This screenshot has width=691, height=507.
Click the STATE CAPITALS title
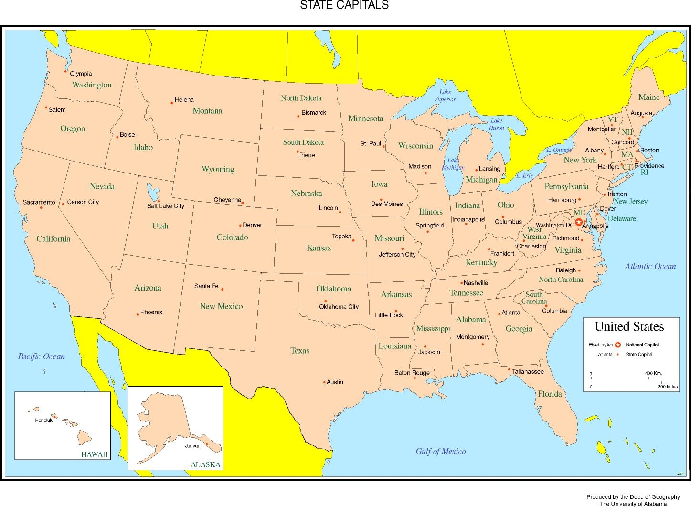point(344,5)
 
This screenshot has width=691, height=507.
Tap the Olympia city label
point(81,74)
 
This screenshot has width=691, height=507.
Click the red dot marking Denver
point(240,225)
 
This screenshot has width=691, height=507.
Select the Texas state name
point(300,351)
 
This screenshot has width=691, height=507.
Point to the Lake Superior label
point(445,96)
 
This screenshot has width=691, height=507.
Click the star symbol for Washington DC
point(578,222)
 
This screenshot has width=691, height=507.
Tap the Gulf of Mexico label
point(440,452)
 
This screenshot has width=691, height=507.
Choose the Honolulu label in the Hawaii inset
point(44,421)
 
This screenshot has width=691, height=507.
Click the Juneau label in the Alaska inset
point(192,446)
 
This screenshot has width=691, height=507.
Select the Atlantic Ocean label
point(650,267)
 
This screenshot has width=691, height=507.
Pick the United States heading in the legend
point(629,327)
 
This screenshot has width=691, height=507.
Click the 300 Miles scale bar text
point(667,387)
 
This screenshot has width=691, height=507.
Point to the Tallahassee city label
point(528,371)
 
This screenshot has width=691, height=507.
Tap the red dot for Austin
point(324,382)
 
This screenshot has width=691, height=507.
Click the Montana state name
point(207,111)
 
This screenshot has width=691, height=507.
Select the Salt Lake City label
point(165,206)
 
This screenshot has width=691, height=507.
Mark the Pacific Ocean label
point(41,356)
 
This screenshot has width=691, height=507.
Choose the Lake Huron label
point(496,124)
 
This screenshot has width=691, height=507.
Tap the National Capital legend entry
point(642,345)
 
